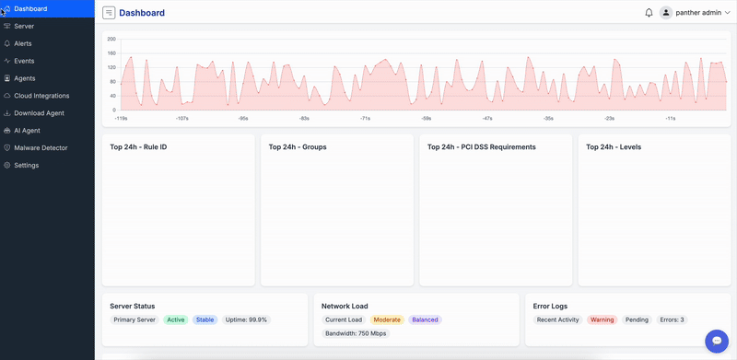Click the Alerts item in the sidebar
(x=23, y=43)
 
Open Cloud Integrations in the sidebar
(x=41, y=96)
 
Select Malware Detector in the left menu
(x=41, y=147)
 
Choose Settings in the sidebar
(x=26, y=165)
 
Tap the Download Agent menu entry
(x=39, y=113)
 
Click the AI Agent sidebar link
(x=27, y=131)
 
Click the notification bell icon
(x=649, y=13)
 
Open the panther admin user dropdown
(x=696, y=13)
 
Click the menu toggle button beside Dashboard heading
(x=109, y=13)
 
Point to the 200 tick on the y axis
(x=111, y=40)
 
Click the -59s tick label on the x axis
(x=426, y=119)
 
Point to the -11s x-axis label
(x=670, y=119)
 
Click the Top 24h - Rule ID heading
(x=138, y=146)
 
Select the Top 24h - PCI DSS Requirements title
(x=481, y=146)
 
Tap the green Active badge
(x=175, y=320)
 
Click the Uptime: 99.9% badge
(x=246, y=320)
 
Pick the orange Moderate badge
(x=387, y=320)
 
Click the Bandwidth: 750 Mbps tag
(x=356, y=333)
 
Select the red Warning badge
(x=602, y=320)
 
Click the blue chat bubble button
(x=716, y=341)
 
